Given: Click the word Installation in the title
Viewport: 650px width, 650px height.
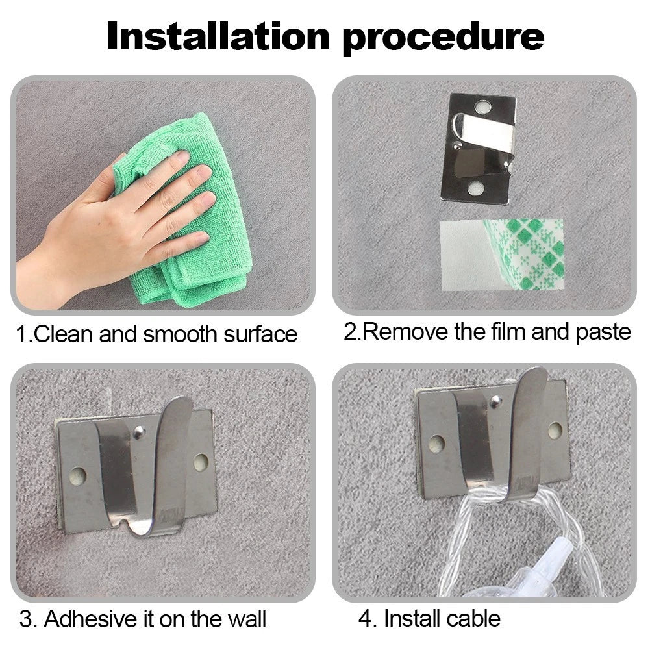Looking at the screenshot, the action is pyautogui.click(x=218, y=36).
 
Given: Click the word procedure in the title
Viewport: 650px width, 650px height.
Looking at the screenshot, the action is pyautogui.click(x=443, y=38).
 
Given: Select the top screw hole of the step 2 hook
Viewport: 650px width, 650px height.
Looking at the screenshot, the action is pyautogui.click(x=482, y=107).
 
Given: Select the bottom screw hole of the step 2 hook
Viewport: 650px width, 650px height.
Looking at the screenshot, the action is pyautogui.click(x=475, y=188).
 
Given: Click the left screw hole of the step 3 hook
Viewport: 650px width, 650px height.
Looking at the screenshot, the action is pyautogui.click(x=77, y=477).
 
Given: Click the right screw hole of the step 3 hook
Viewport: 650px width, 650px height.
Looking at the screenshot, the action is pyautogui.click(x=201, y=462).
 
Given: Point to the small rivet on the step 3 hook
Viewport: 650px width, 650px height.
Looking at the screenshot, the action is pyautogui.click(x=139, y=432).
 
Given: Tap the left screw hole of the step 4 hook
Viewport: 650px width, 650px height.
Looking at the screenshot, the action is pyautogui.click(x=436, y=443).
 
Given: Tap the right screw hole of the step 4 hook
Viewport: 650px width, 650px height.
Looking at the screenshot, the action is pyautogui.click(x=555, y=431).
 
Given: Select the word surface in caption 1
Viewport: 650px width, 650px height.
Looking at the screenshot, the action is pyautogui.click(x=260, y=334).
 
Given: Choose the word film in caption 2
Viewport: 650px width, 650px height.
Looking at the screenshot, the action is pyautogui.click(x=508, y=332).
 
